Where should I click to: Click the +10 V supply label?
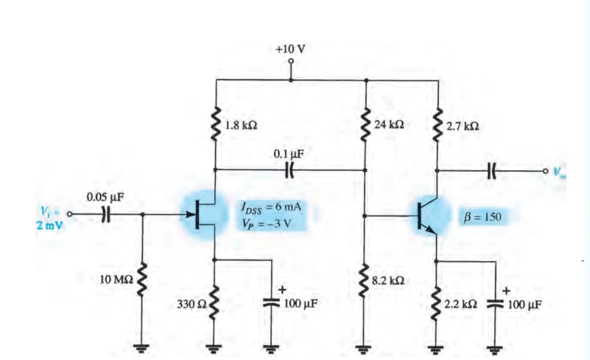click(291, 49)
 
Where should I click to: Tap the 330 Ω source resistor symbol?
click(215, 303)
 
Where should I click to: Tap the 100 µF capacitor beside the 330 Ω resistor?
click(272, 303)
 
